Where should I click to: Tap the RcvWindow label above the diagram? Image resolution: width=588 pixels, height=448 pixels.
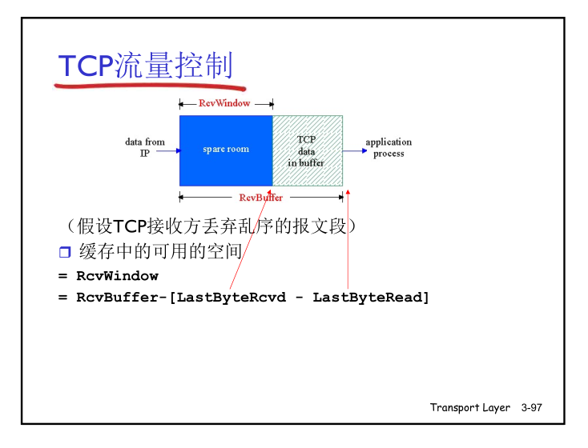click(x=224, y=103)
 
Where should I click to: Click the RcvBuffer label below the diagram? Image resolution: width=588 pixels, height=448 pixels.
click(x=260, y=198)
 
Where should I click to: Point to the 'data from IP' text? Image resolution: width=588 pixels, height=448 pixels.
click(x=144, y=147)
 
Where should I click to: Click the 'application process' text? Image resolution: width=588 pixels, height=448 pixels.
click(x=389, y=147)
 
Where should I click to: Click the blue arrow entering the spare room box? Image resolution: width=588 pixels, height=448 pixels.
click(x=169, y=149)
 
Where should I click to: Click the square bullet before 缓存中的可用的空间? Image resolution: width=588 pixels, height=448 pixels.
click(x=65, y=253)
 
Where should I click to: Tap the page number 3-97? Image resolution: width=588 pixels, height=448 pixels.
click(x=531, y=408)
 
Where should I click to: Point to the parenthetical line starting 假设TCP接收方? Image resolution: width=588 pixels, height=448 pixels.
click(x=207, y=226)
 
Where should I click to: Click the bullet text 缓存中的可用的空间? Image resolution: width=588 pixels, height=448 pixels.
click(x=160, y=252)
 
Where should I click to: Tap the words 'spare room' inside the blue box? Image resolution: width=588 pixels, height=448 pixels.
click(x=226, y=149)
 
